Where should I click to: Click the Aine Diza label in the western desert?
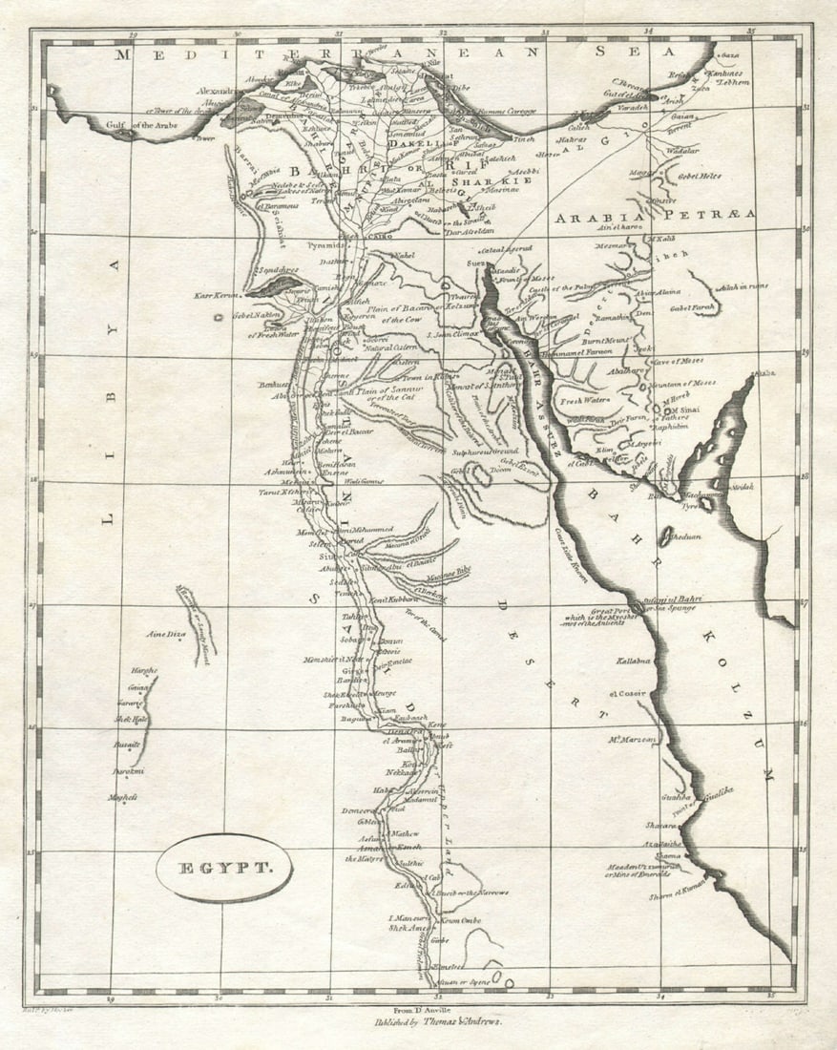[x=164, y=634]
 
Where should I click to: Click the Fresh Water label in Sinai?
[x=583, y=400]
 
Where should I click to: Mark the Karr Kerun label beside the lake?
[x=218, y=296]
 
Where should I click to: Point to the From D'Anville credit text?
[x=420, y=1009]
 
